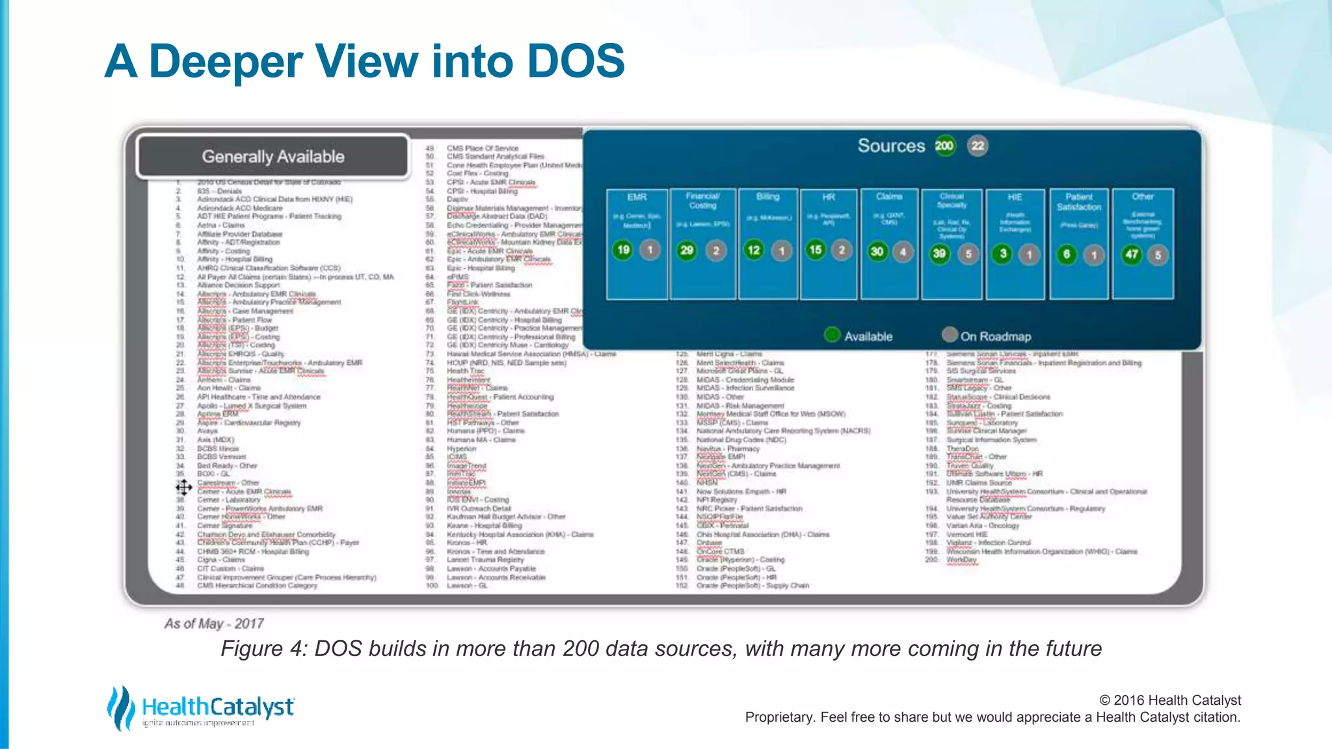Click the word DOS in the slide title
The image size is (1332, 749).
[x=576, y=61]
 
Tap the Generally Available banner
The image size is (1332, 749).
[x=273, y=157]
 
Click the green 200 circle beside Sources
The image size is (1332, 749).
[x=944, y=146]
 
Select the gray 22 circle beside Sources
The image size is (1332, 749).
[x=978, y=146]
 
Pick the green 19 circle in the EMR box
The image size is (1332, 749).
[x=623, y=250]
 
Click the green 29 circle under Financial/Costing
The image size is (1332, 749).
[x=687, y=250]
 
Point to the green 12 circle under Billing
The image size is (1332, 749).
[x=754, y=250]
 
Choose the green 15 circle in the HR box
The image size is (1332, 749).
[x=815, y=250]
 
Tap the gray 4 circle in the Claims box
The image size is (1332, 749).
[x=903, y=252]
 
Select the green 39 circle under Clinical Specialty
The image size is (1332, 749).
[x=939, y=254]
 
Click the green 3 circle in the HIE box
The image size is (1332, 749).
[x=1003, y=254]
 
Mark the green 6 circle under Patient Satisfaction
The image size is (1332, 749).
[x=1067, y=254]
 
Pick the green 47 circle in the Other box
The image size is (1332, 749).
[x=1132, y=254]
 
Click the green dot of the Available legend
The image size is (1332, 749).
[x=832, y=335]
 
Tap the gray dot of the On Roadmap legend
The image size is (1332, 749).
[x=950, y=335]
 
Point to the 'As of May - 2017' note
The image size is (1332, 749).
[x=214, y=624]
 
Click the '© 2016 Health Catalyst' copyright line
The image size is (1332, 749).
[x=1169, y=700]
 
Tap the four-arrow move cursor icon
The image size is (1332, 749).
[x=184, y=487]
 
